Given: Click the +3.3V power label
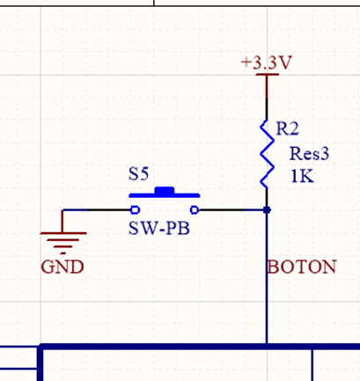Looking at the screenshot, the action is (267, 62).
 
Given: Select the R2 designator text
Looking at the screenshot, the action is (287, 128).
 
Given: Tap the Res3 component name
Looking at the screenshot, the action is (309, 154).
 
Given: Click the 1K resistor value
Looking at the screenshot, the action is (302, 176).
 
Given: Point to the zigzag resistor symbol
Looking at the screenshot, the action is (267, 154).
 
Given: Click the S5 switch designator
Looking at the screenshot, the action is (138, 173).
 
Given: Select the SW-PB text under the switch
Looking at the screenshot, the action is (159, 228).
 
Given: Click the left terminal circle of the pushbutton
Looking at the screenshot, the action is (135, 210).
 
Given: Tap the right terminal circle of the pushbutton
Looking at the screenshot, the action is (195, 210).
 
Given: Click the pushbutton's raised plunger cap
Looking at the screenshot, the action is (165, 190).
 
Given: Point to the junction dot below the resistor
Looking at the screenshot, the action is (267, 210).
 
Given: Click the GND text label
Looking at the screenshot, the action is (62, 267).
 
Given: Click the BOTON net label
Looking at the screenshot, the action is (302, 267).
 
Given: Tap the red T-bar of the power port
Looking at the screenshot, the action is (267, 85).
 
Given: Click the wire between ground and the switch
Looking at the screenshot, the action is (96, 210).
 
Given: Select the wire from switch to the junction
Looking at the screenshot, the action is (232, 210).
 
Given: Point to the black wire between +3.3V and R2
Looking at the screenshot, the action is (267, 108).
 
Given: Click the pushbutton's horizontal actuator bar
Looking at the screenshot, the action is (165, 195).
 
